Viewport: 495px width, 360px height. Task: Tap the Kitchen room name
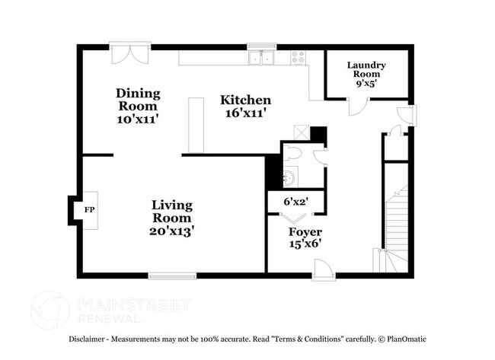245,100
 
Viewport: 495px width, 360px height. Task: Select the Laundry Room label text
366,69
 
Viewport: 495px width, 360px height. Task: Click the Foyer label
305,231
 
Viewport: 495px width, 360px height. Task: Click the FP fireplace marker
89,209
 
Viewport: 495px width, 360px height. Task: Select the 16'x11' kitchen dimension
246,113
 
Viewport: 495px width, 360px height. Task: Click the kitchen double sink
261,58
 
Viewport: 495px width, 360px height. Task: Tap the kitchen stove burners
297,58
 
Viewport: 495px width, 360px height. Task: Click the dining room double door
129,55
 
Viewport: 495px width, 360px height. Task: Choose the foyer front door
323,269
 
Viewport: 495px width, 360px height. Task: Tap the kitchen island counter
196,125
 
